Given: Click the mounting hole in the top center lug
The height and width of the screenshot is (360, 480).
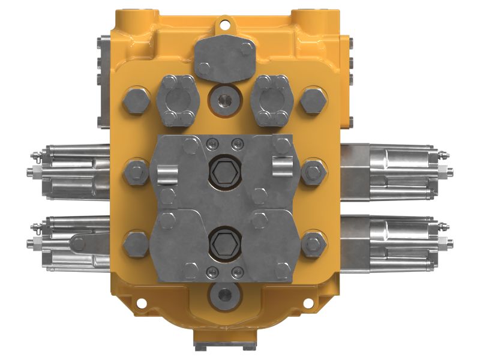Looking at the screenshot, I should coord(226,25).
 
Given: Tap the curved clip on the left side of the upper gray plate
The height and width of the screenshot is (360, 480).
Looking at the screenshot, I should coord(167,175).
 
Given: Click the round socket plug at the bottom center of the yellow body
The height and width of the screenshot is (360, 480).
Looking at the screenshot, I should coord(225,294).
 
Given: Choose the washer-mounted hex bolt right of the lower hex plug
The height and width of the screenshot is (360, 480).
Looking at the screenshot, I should coord(313,243).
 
